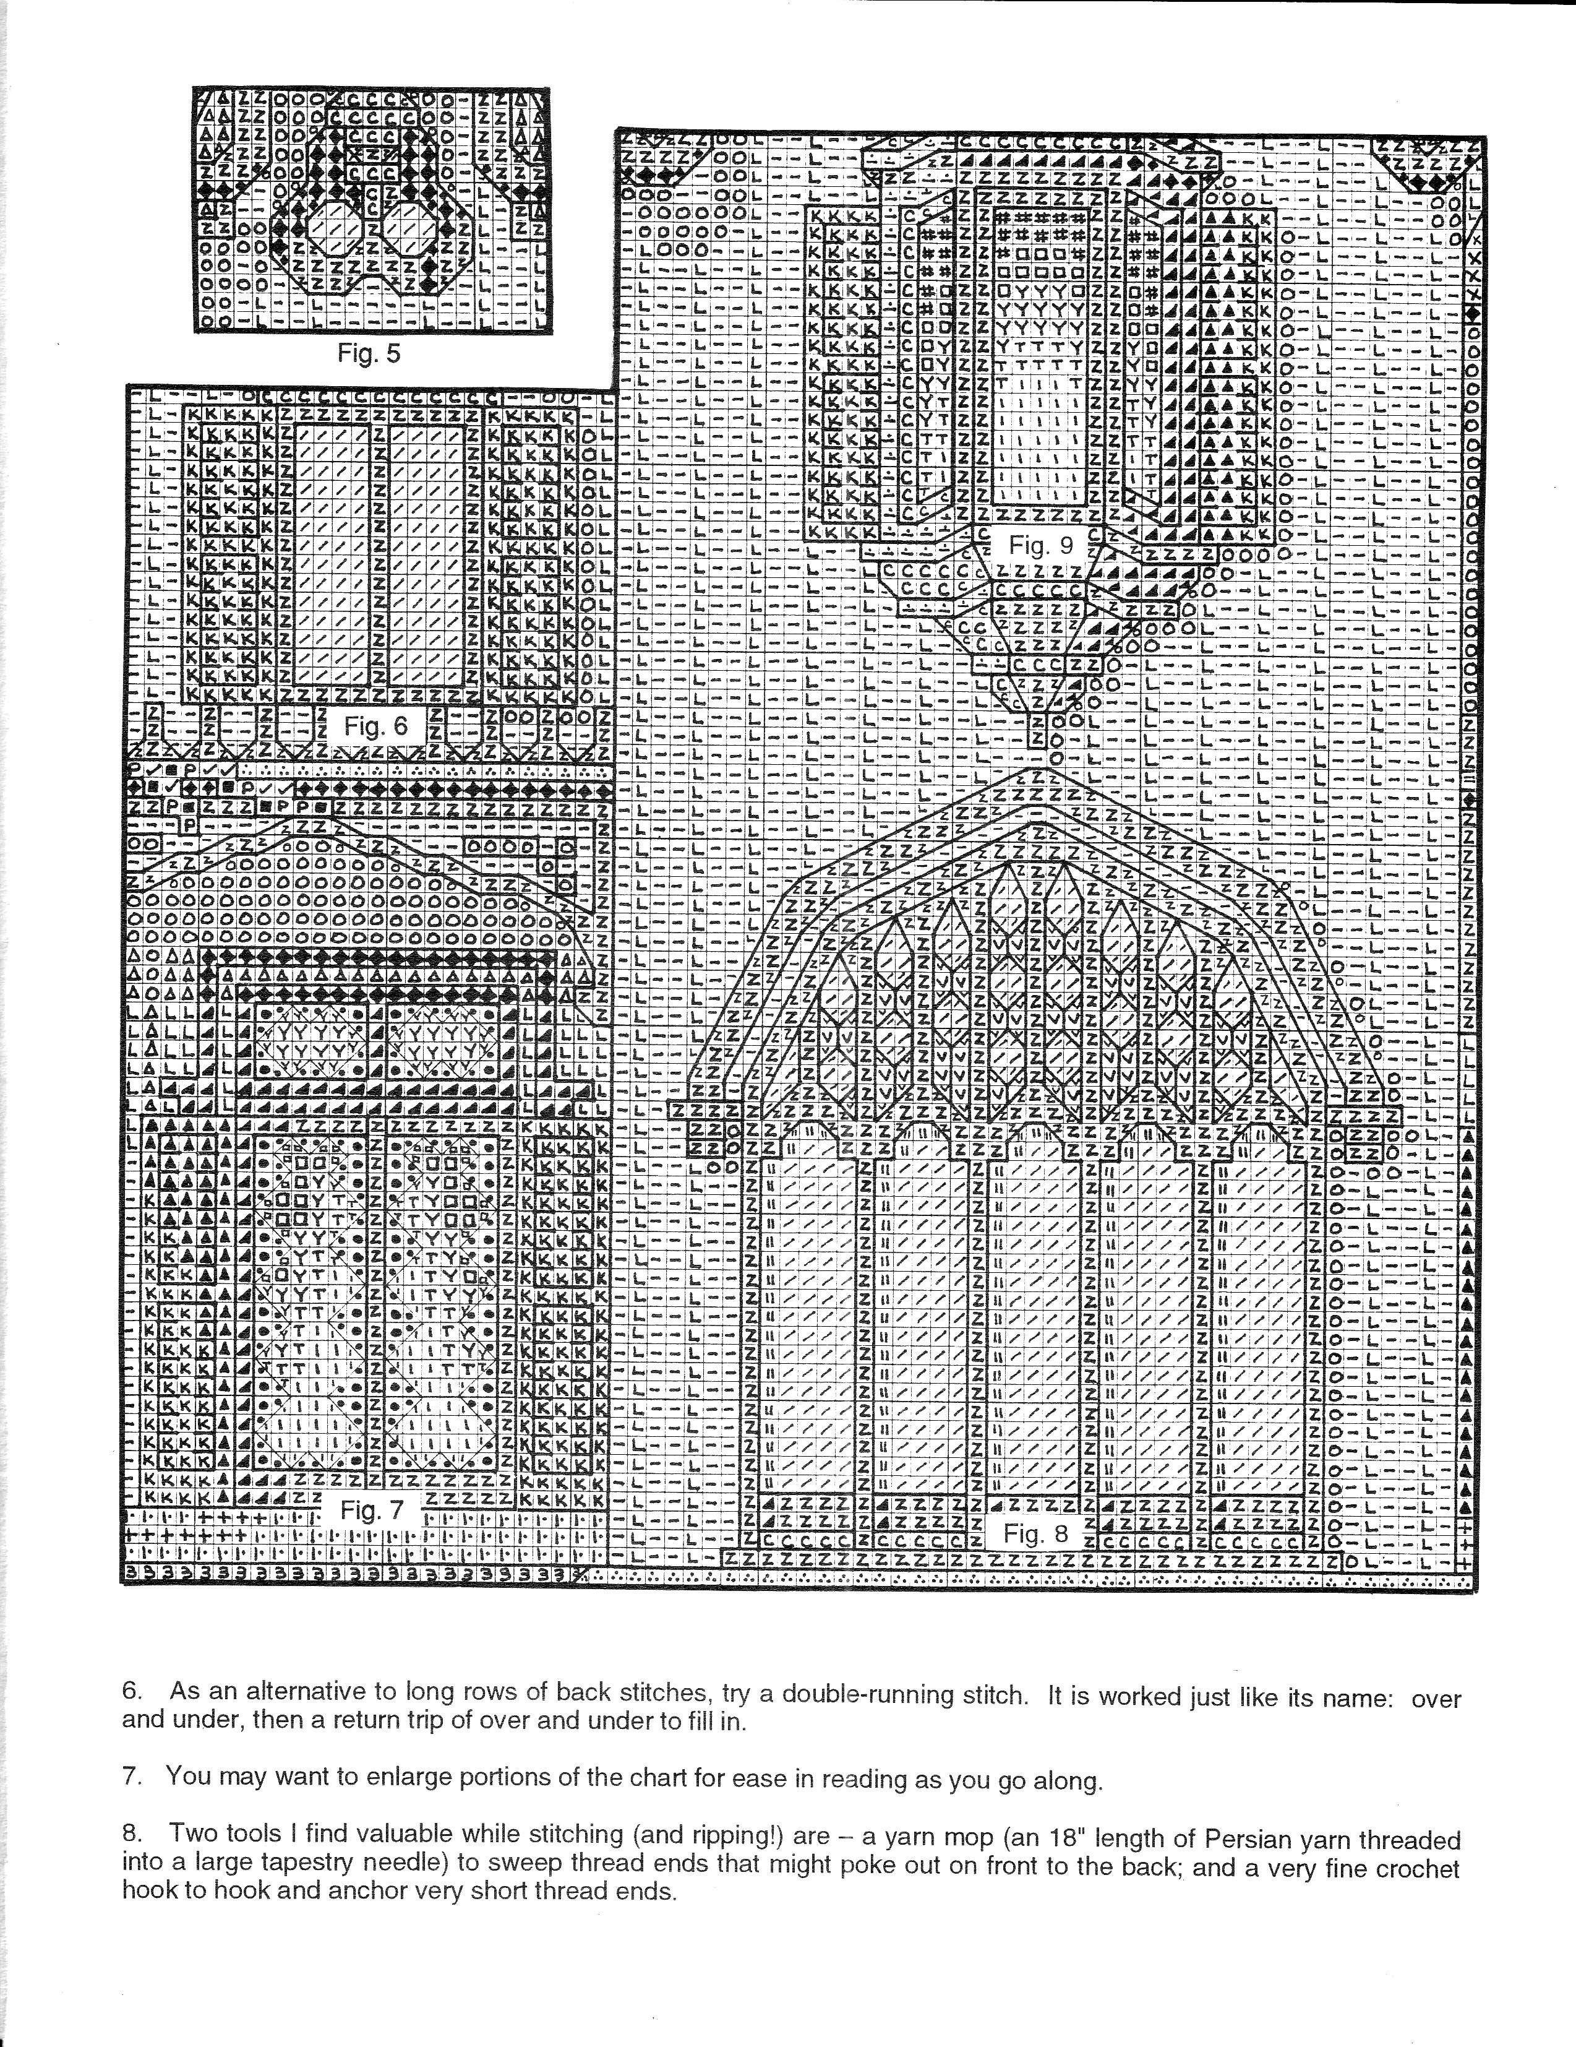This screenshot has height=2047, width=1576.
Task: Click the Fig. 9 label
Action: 1041,546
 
